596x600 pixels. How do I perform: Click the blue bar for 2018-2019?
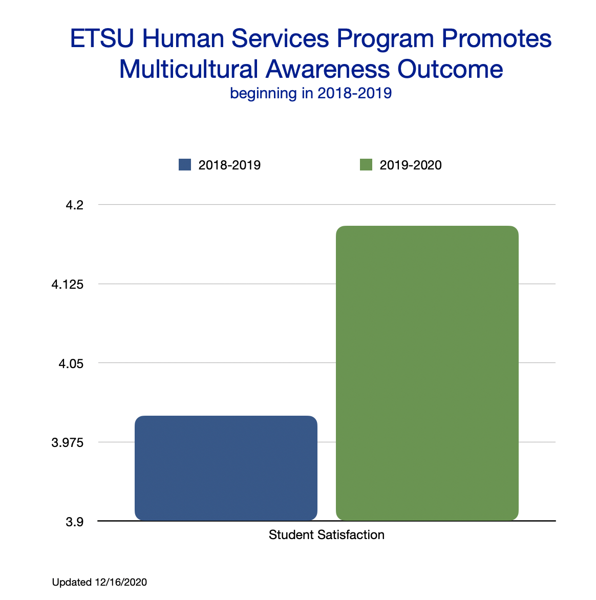[x=226, y=468]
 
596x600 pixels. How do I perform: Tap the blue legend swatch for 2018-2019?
[x=185, y=165]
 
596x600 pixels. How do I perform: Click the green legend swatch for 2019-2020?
[x=366, y=165]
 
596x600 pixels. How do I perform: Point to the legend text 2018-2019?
[x=229, y=165]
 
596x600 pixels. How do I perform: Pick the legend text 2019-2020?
[x=411, y=165]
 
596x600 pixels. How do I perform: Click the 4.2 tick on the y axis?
[x=74, y=205]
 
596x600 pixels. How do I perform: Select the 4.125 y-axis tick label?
[x=67, y=284]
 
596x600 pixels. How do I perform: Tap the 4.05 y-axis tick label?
[x=71, y=363]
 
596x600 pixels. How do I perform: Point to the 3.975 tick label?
[x=67, y=442]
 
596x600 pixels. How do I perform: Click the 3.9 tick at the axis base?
[x=74, y=522]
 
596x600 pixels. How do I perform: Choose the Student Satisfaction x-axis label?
[x=327, y=535]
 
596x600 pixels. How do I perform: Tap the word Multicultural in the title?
[x=188, y=69]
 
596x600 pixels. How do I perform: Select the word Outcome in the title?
[x=450, y=69]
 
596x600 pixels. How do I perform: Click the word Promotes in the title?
[x=497, y=39]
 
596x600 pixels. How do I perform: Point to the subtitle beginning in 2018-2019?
[x=311, y=93]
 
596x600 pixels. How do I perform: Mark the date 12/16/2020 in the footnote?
[x=121, y=582]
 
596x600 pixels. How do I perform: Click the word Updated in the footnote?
[x=72, y=582]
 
